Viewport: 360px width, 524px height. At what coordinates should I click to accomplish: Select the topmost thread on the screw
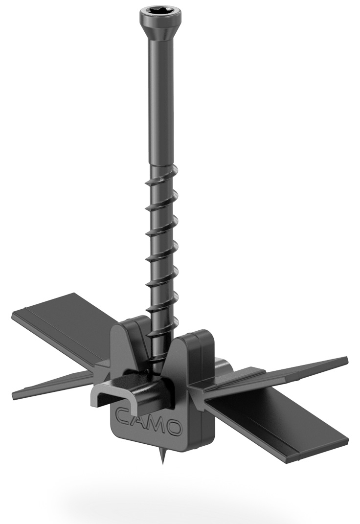point(157,171)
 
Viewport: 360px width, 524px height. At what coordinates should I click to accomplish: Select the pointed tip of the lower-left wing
point(14,394)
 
